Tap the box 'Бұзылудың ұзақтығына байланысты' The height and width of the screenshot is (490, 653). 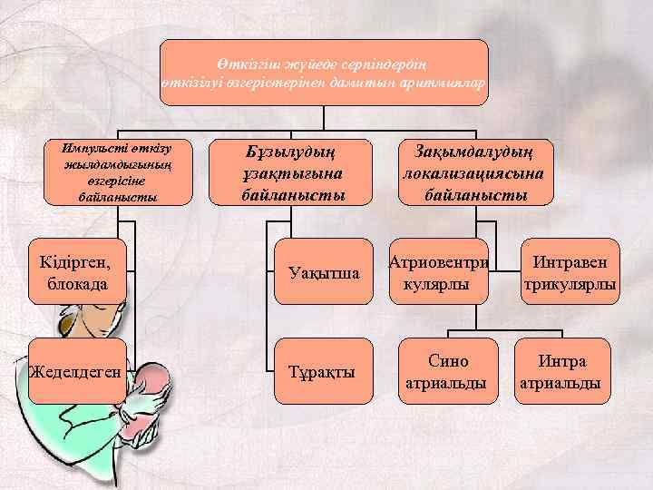(x=293, y=171)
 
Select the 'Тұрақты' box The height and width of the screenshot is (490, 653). (x=324, y=372)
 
